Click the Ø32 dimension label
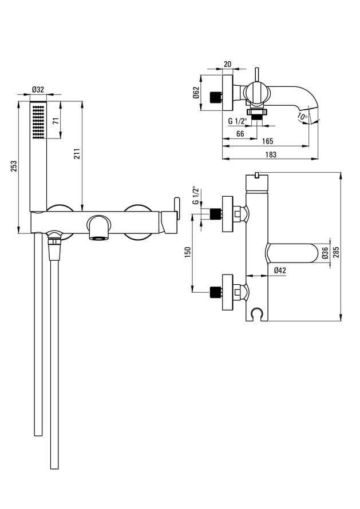(38, 89)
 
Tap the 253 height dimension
(14, 167)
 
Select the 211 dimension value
(77, 154)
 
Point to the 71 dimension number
(56, 121)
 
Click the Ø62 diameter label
(196, 93)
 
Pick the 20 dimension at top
(227, 64)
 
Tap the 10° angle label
(302, 116)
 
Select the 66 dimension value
(240, 134)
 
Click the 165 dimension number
(267, 141)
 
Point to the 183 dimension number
(271, 154)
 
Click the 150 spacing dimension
(188, 252)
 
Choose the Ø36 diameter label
(325, 253)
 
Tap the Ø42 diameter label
(280, 270)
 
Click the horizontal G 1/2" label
(238, 121)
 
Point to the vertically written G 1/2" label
(195, 195)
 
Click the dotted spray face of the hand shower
(38, 121)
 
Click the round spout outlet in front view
(99, 228)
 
